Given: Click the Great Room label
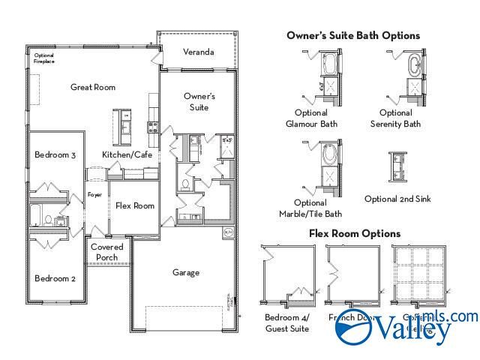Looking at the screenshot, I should tap(93, 87).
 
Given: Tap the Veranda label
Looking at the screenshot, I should tap(199, 52).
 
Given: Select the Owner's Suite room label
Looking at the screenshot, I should tap(199, 102).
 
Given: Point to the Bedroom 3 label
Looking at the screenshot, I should tap(55, 155).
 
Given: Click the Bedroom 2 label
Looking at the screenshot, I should tap(55, 278).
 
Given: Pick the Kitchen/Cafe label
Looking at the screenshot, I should tap(127, 154).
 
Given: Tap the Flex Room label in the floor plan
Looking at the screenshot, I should tap(135, 205).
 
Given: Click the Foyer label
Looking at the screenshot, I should tap(94, 195).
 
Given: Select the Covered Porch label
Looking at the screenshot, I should tap(107, 252).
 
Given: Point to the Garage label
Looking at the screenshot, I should tap(185, 272).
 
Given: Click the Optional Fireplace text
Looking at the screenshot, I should tap(44, 58).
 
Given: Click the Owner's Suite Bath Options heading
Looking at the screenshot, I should tap(352, 35).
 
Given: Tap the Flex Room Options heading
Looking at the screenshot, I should tap(355, 233).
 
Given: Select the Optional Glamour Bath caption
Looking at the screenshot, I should tap(311, 118).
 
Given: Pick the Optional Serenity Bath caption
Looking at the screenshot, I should tap(395, 118).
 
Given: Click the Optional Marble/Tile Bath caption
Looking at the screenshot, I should tap(311, 208).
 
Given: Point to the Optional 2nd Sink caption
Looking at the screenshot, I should tap(397, 199).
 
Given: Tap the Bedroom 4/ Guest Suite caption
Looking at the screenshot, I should tap(286, 322).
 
